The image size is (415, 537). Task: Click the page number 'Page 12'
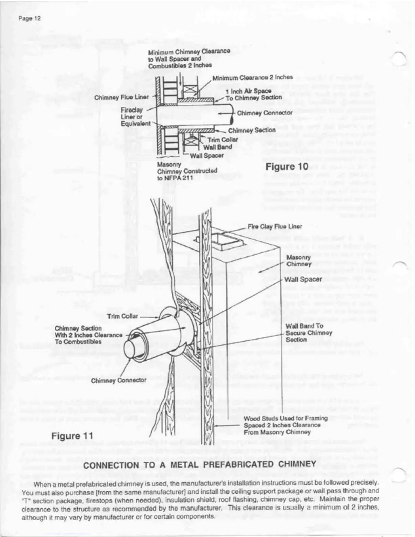pyautogui.click(x=29, y=18)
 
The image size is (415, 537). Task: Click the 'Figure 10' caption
pyautogui.click(x=286, y=166)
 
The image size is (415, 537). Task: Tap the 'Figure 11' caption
pyautogui.click(x=72, y=436)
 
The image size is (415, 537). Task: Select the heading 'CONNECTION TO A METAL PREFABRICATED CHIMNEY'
pyautogui.click(x=200, y=464)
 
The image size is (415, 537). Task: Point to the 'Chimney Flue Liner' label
pyautogui.click(x=121, y=97)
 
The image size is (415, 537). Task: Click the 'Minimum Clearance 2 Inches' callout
pyautogui.click(x=252, y=77)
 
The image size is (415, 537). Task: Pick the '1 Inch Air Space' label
pyautogui.click(x=249, y=91)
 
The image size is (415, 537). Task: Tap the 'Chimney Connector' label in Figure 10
pyautogui.click(x=264, y=113)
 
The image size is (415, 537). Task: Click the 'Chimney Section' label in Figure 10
pyautogui.click(x=252, y=130)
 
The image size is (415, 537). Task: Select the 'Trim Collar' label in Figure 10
pyautogui.click(x=222, y=140)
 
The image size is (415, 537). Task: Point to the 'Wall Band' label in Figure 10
pyautogui.click(x=217, y=147)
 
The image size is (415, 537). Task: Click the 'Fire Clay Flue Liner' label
pyautogui.click(x=275, y=226)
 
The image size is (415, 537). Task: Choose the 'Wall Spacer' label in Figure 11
pyautogui.click(x=303, y=279)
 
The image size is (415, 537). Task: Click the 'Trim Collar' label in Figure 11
pyautogui.click(x=122, y=316)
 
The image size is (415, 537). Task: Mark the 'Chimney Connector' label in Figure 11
pyautogui.click(x=119, y=380)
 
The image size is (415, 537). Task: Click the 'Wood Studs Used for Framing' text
pyautogui.click(x=285, y=419)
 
